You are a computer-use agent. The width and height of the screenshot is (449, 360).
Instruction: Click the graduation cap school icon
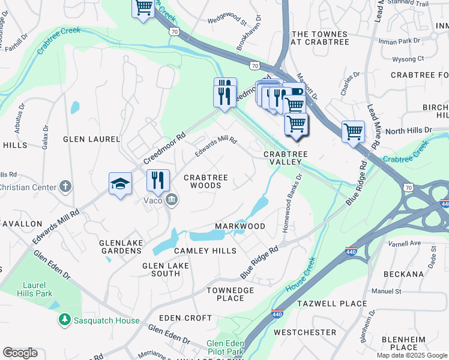120,184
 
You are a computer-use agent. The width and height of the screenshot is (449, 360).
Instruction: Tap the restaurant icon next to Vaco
158,180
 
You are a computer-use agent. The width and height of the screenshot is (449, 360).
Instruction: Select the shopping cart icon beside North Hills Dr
353,131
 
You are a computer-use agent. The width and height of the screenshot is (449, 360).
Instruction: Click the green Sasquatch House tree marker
64,320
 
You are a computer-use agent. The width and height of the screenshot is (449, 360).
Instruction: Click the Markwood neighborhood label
240,226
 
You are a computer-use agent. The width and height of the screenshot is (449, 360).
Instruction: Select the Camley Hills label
197,250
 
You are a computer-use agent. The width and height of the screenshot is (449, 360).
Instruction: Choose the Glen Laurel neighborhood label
92,139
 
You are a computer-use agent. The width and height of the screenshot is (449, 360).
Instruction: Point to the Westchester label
305,332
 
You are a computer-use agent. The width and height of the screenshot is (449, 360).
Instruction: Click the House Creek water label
301,275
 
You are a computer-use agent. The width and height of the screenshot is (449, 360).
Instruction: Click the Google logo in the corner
20,353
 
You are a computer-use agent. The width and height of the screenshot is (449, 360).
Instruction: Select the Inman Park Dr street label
400,41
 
